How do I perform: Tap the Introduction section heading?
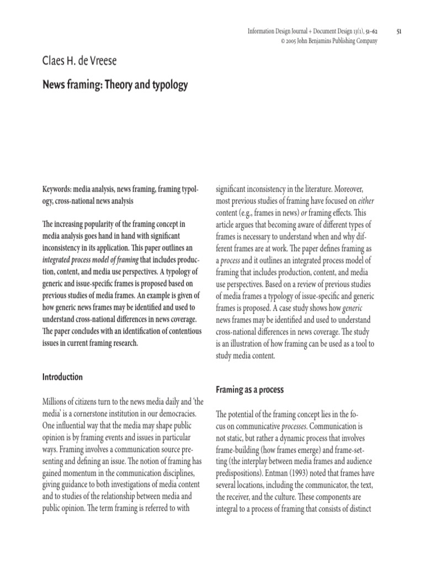[62, 377]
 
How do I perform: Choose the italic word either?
[366, 201]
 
